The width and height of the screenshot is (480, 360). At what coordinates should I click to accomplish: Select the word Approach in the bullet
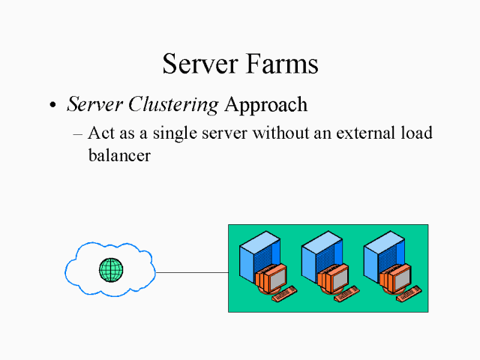265,105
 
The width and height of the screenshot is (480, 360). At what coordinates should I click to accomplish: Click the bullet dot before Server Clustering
52,106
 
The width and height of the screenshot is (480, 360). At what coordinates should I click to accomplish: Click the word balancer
120,156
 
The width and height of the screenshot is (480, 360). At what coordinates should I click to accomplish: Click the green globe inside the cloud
111,269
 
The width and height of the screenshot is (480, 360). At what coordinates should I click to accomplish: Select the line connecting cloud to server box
191,272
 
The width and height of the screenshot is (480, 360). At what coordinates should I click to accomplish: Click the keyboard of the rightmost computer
409,295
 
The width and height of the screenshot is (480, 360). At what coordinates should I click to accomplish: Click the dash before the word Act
78,135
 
